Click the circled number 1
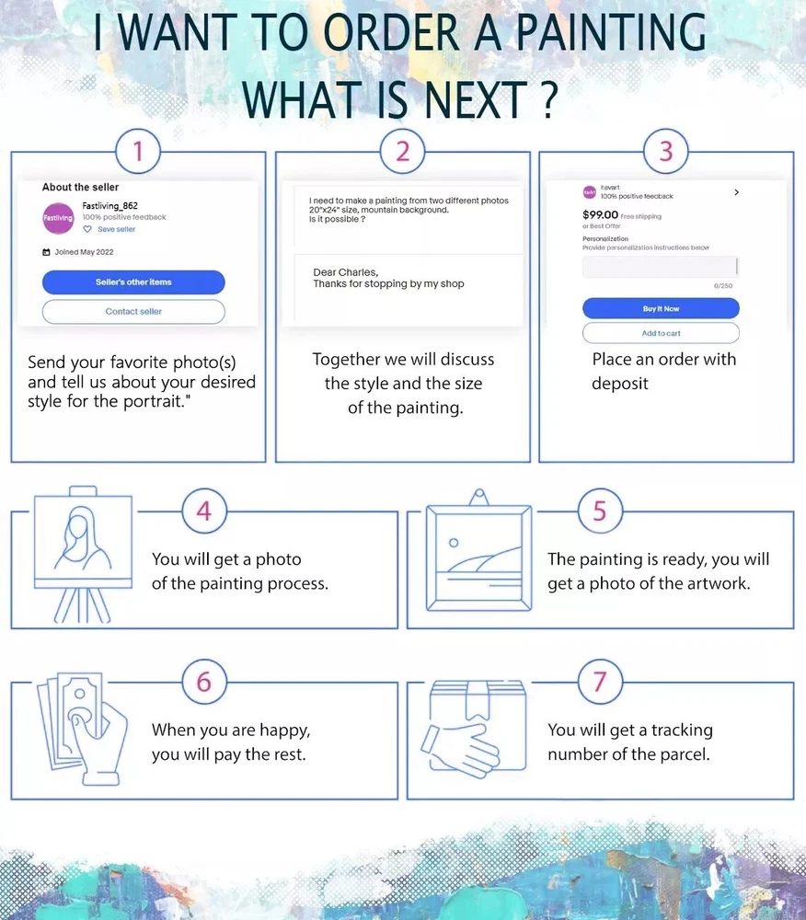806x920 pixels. point(138,152)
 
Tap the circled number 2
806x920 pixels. point(402,152)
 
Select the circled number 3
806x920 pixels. point(666,152)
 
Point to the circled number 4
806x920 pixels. point(203,511)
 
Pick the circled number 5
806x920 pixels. point(600,511)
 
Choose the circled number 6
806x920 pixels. point(203,682)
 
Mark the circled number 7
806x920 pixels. point(600,682)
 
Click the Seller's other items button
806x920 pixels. point(133,282)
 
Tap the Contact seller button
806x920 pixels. point(133,312)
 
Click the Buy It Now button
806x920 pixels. point(662,308)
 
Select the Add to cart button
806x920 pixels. point(662,333)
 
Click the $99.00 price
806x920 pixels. point(600,214)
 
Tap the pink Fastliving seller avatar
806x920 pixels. point(58,218)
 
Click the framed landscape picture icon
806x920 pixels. point(478,551)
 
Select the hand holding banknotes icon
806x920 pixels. point(83,729)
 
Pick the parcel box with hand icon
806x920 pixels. point(474,729)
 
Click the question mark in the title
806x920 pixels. point(548,98)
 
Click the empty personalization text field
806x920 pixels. point(661,267)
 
